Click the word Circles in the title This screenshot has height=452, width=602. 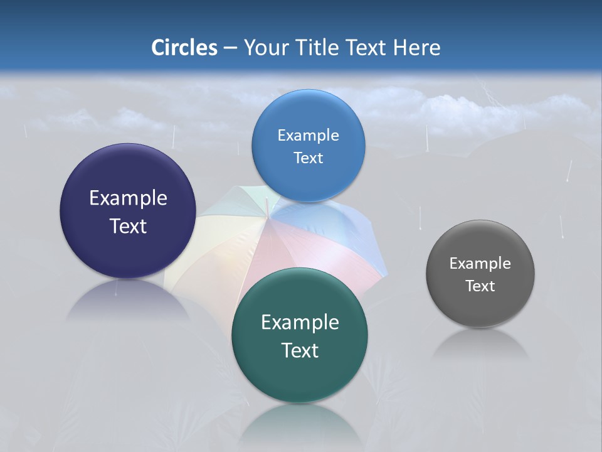184,48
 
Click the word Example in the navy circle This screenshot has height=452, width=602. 128,198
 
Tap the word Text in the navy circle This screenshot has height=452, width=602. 128,226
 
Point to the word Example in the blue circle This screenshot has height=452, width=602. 308,135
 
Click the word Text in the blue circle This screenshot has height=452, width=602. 308,158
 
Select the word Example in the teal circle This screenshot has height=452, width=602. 300,323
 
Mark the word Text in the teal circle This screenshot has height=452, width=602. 300,350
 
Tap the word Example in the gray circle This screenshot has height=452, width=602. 480,264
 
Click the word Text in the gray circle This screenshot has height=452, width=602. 480,286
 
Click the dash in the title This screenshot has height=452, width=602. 230,48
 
